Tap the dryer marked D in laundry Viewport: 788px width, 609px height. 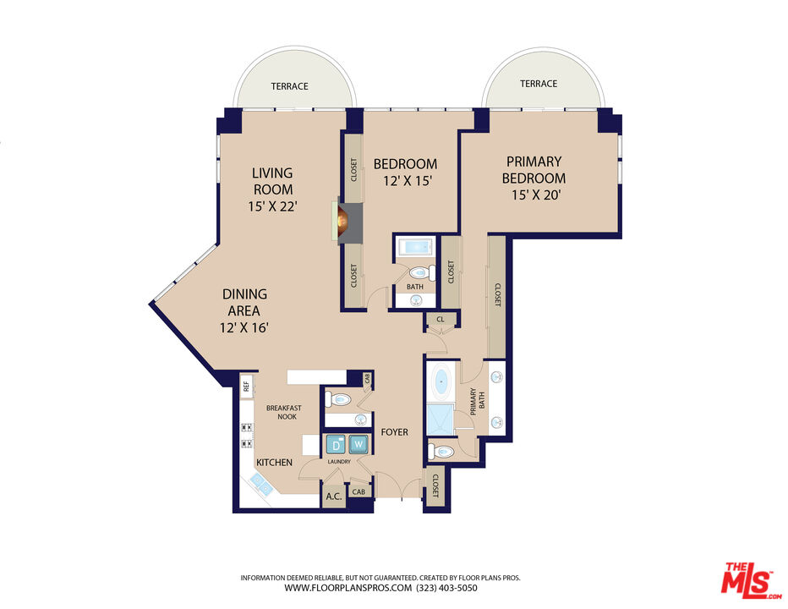336,444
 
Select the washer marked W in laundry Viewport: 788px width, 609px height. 358,444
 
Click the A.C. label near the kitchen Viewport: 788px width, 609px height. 333,497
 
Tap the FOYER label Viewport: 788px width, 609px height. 394,432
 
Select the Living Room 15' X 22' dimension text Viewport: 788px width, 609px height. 272,206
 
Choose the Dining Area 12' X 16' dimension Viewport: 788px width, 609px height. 244,327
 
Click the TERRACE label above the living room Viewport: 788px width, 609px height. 289,86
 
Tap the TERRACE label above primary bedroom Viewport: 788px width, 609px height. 539,84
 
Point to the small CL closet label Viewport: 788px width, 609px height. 440,320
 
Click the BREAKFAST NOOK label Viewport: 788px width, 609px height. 283,412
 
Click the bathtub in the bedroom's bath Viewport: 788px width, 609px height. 414,248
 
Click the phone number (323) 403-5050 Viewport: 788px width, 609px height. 447,587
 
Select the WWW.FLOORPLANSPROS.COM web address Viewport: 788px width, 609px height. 347,587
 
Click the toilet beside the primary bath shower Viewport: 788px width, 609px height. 441,452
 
